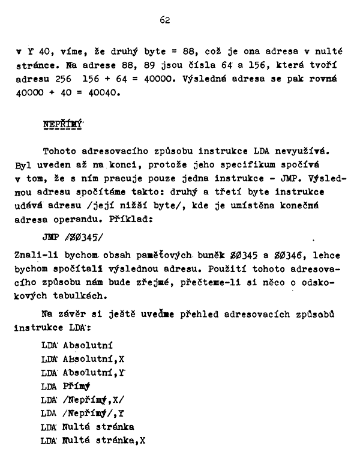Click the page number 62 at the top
(166, 20)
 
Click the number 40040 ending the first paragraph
(104, 93)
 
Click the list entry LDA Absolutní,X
(82, 359)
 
